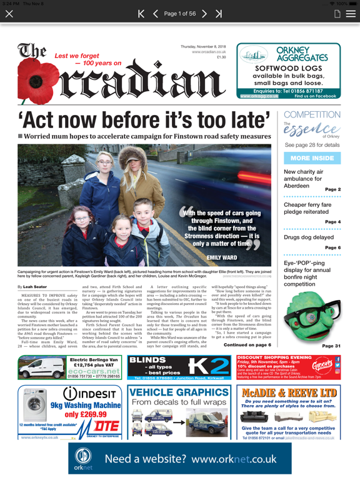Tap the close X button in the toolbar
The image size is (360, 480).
coord(9,13)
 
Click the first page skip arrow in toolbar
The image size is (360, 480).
coord(141,13)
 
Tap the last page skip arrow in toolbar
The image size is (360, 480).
coord(219,13)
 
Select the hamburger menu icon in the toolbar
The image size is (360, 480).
coord(351,13)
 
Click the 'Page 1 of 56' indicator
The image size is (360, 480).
coord(180,13)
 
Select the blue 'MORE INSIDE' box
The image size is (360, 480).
coord(312,158)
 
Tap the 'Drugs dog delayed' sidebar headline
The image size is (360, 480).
coord(307,236)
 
